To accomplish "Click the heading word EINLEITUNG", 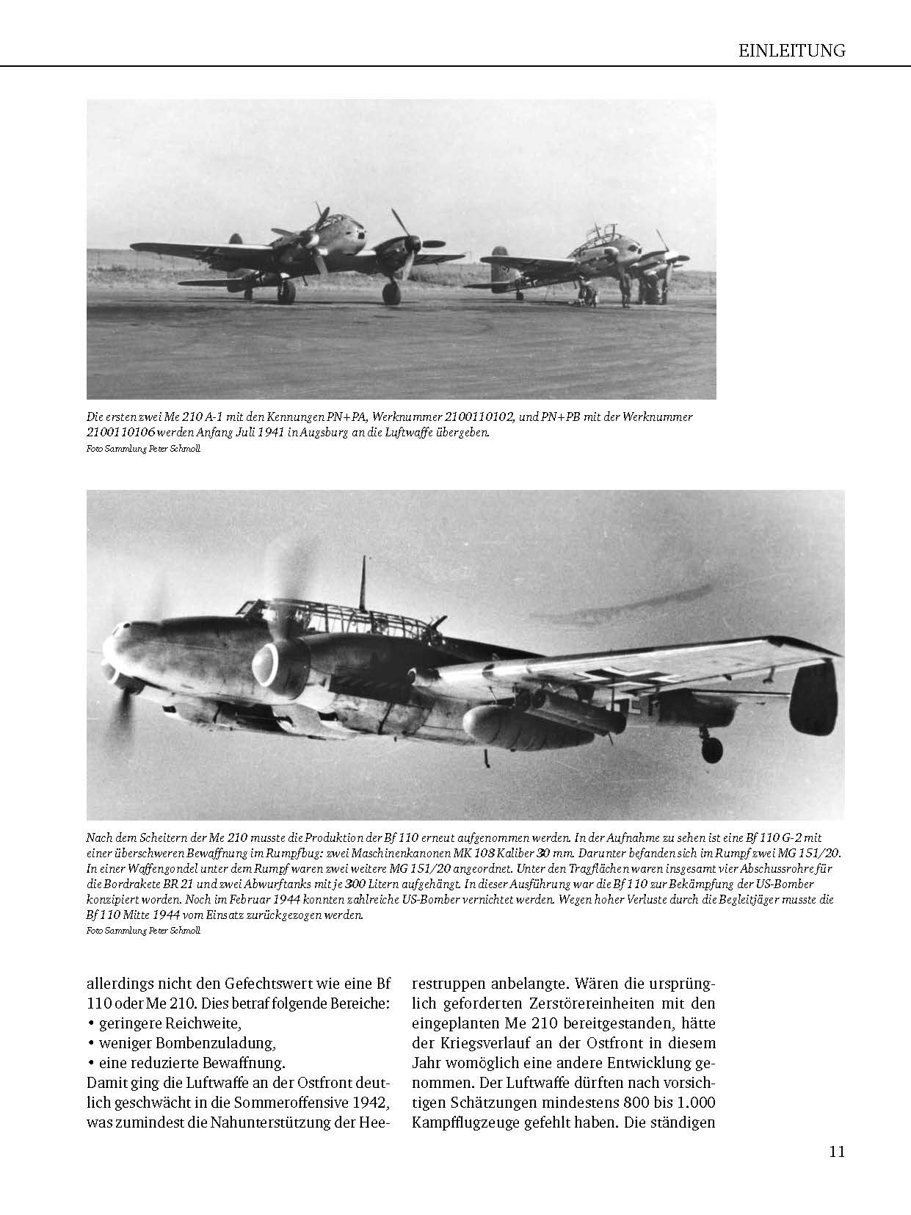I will pos(791,51).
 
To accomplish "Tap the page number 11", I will pos(837,1151).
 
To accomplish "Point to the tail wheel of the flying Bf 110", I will pos(711,749).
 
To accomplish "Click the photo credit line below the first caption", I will pos(142,449).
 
